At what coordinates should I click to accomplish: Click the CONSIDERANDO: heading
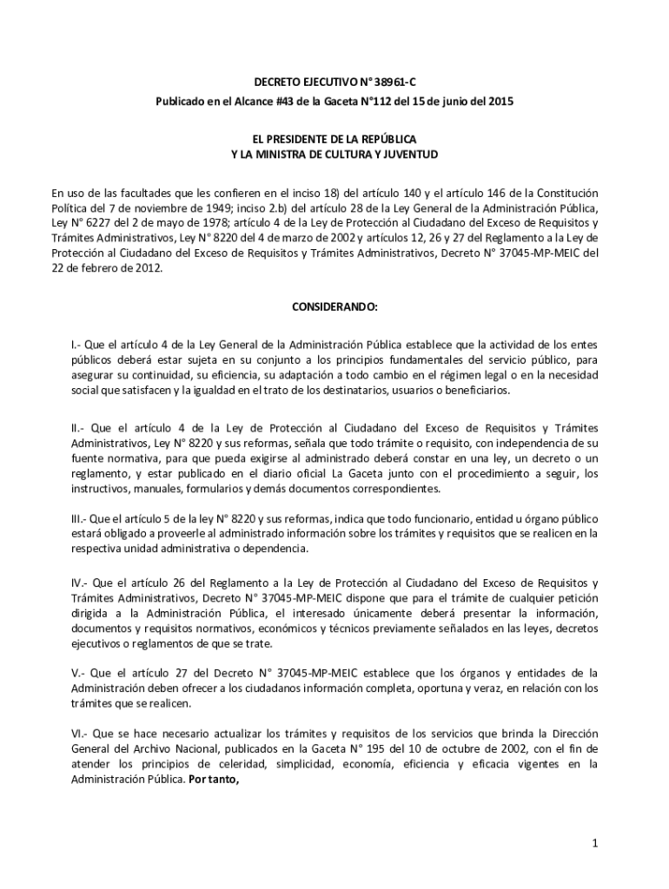[x=334, y=307]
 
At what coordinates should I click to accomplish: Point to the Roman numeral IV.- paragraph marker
[x=82, y=581]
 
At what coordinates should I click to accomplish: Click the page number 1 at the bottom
[x=594, y=843]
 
